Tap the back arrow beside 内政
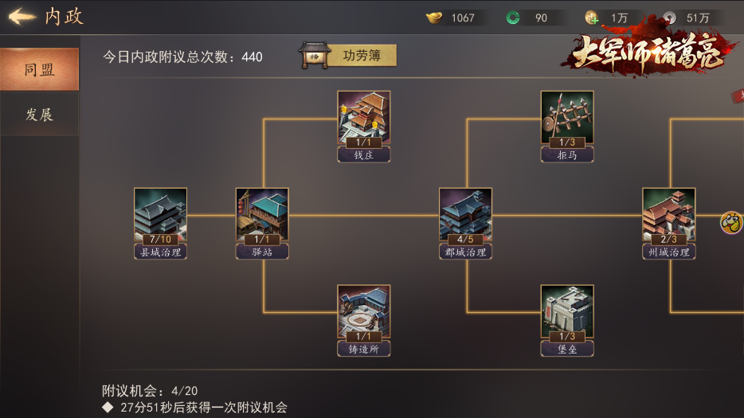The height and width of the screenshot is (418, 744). click(x=22, y=17)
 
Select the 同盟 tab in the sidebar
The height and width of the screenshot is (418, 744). click(x=39, y=69)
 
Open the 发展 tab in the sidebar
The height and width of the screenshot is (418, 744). click(x=39, y=115)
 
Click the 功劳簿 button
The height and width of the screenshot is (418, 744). click(x=348, y=56)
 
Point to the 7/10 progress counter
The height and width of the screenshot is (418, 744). click(x=160, y=239)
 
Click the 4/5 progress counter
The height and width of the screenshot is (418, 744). click(x=465, y=239)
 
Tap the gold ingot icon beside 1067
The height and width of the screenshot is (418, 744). click(x=434, y=18)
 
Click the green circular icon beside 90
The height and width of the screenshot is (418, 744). click(x=513, y=18)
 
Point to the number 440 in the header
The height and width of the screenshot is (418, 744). click(x=252, y=57)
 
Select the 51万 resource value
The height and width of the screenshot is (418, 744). click(x=698, y=18)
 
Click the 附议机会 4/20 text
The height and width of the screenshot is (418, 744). click(x=150, y=391)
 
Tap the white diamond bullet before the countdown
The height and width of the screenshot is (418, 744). click(x=108, y=407)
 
